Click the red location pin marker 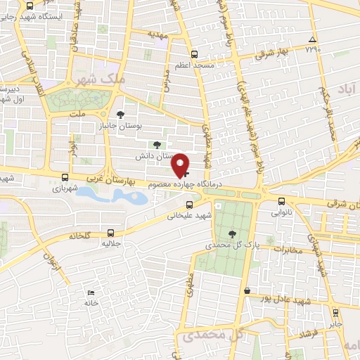pyautogui.click(x=181, y=165)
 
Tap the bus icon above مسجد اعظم pyautogui.click(x=195, y=53)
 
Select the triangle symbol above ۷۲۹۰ pyautogui.click(x=312, y=39)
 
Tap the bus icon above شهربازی pyautogui.click(x=65, y=178)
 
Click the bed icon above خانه pyautogui.click(x=91, y=292)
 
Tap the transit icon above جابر pyautogui.click(x=335, y=313)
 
